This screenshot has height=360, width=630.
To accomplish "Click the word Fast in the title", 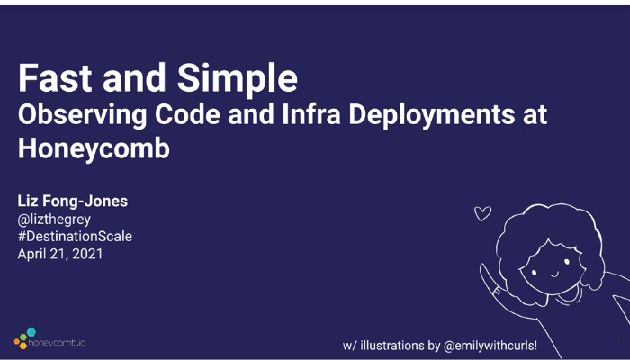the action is [55, 78].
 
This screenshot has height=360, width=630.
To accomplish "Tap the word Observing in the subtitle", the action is [83, 116].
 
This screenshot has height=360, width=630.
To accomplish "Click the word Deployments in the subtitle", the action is [431, 116].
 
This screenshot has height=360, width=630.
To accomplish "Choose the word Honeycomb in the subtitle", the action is [94, 149].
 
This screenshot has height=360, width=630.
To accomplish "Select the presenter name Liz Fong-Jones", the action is [73, 201].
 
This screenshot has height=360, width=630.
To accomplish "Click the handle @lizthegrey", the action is [54, 220].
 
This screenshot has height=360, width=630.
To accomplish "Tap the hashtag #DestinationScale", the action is [75, 236].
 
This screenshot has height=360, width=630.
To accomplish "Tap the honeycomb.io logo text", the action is [57, 343].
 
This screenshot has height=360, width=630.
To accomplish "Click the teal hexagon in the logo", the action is [31, 332].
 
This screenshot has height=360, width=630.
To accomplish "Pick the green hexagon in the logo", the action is [23, 337].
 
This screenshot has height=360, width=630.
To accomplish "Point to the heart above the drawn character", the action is [482, 213].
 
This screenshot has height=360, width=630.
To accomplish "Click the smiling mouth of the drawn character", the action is [555, 274].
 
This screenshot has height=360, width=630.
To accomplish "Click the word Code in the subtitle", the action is [187, 114].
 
